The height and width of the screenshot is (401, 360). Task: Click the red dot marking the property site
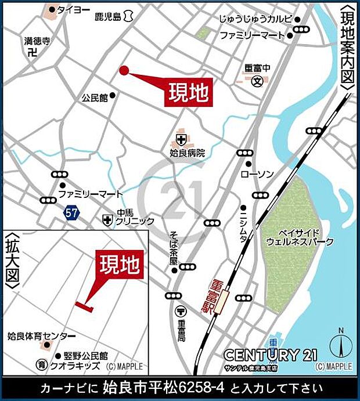123,70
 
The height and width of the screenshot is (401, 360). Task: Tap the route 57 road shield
71,213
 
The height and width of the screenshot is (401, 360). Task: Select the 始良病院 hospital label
188,153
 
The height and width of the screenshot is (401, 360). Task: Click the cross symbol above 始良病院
181,139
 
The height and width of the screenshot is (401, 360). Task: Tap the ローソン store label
253,174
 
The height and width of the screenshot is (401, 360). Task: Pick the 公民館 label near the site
95,97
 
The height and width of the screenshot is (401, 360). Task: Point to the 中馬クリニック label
135,217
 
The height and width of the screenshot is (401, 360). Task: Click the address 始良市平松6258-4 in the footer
165,386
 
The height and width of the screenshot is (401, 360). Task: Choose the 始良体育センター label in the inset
41,336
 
